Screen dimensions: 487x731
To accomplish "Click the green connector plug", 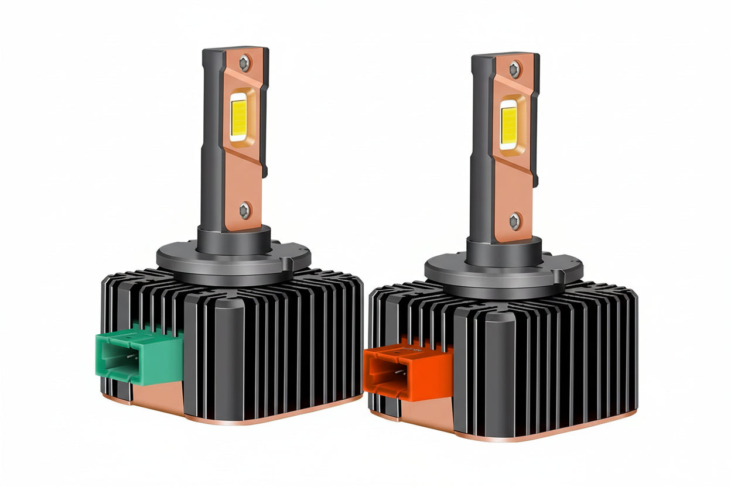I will coord(138,354).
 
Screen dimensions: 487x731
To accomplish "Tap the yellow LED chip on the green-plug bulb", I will coord(239,116).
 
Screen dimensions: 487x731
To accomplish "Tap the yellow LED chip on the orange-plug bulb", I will coord(508,124).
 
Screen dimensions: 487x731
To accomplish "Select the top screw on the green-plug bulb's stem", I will coord(244,62).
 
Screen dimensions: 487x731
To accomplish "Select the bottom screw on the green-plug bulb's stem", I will coord(245,210).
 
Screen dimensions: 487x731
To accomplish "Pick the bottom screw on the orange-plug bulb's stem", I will coord(514,221).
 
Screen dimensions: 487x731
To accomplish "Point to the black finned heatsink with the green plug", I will coord(275,345).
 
